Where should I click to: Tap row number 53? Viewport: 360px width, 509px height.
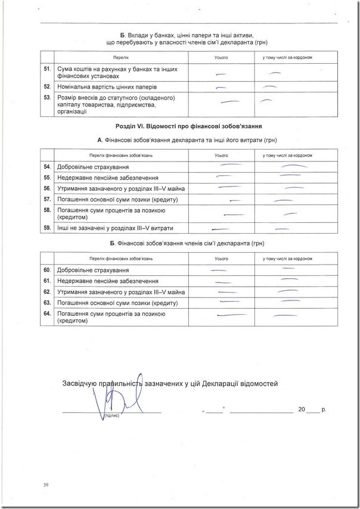46,97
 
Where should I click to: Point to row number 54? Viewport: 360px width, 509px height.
46,167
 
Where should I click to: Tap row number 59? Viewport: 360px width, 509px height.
46,228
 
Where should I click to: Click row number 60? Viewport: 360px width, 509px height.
46,271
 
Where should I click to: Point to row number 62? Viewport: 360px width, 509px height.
46,292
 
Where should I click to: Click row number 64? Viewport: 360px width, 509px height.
46,314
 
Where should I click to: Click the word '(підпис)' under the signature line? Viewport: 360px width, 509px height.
111,415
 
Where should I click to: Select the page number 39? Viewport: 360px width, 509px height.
45,485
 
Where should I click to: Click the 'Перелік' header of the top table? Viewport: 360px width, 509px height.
121,57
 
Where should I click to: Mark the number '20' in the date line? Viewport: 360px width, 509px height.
302,410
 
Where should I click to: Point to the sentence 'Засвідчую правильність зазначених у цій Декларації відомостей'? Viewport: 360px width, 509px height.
170,384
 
